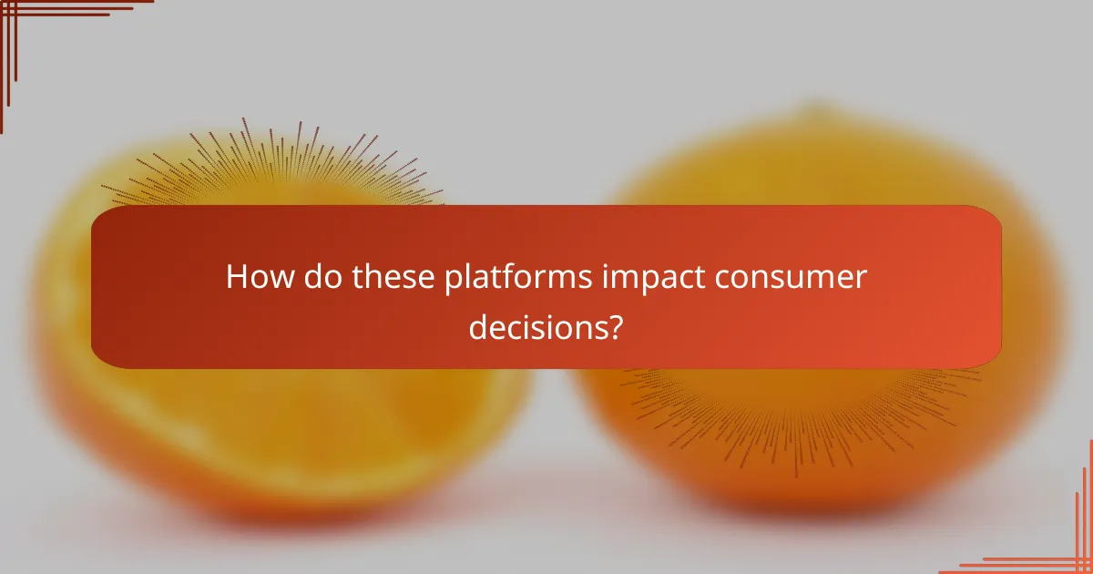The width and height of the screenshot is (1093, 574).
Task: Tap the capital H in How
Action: (x=236, y=277)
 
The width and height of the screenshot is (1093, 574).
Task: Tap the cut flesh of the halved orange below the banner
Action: (x=273, y=428)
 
